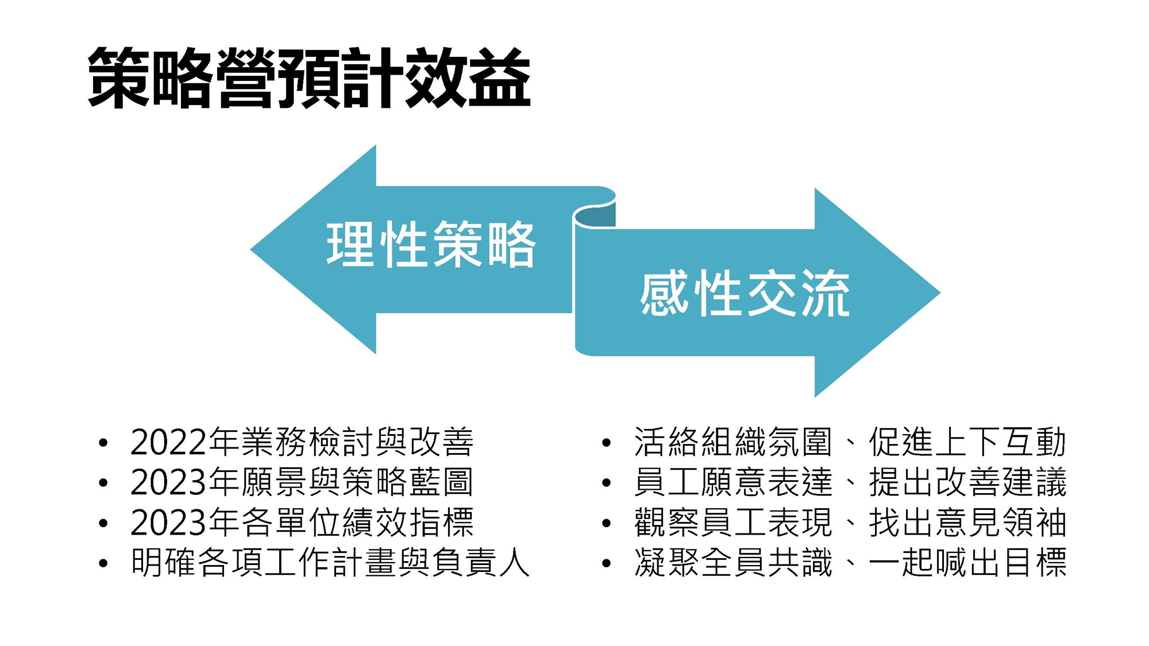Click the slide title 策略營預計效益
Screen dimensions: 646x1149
coord(309,78)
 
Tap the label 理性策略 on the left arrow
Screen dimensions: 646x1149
coord(431,245)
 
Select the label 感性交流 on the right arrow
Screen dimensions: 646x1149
coord(745,295)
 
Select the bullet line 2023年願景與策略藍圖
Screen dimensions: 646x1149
coord(302,482)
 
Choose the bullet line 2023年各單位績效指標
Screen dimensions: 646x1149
coord(302,523)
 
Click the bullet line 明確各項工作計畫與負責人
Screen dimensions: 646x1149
coord(330,563)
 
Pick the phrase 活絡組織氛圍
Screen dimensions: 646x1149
coord(733,442)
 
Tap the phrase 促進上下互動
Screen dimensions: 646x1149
coord(967,442)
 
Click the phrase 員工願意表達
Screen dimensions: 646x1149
coord(733,482)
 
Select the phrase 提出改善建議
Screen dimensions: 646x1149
coord(967,482)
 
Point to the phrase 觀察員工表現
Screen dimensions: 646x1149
coord(733,523)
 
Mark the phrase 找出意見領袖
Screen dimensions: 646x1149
coord(967,523)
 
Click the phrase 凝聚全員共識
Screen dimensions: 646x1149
coord(733,563)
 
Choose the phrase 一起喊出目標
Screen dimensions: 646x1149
coord(967,563)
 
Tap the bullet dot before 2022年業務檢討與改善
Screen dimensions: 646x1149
coord(103,443)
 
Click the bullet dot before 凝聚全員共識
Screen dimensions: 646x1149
coord(606,564)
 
